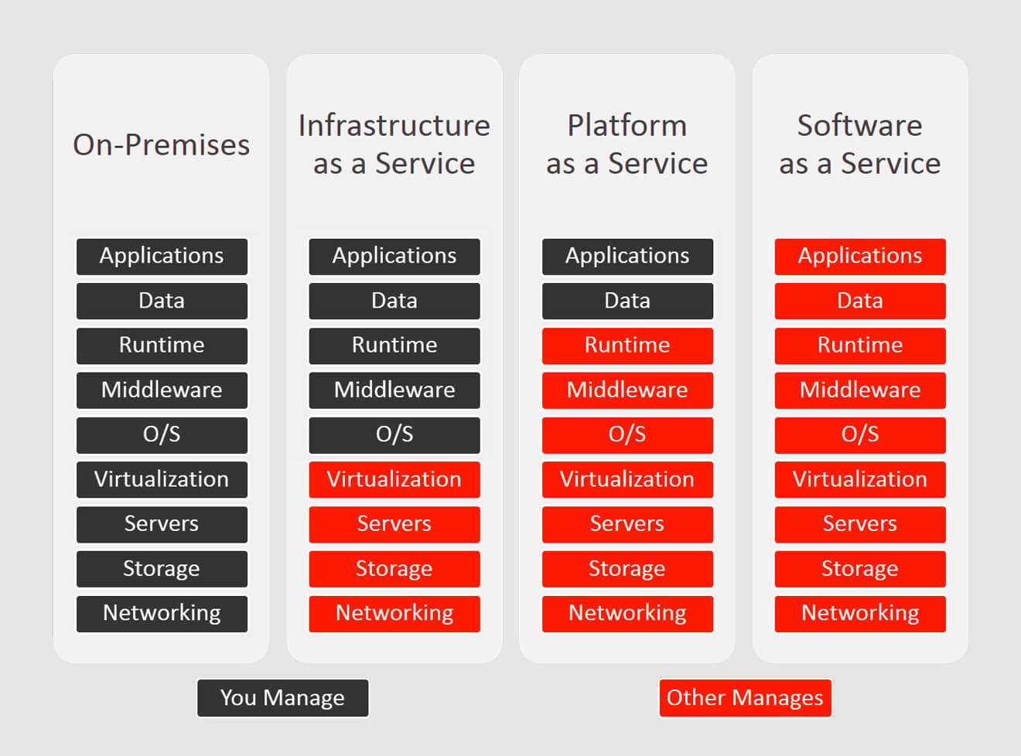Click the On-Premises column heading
click(x=161, y=145)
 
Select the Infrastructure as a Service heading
click(x=394, y=145)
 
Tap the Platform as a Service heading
click(x=627, y=145)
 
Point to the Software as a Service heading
click(x=860, y=145)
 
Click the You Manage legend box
click(x=282, y=697)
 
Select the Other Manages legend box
click(x=746, y=697)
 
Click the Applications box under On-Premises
click(x=162, y=257)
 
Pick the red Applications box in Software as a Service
click(x=860, y=257)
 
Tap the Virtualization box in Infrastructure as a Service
click(x=394, y=479)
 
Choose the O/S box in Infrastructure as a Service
click(x=394, y=435)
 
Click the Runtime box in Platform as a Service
click(x=627, y=346)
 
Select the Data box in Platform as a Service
click(x=627, y=301)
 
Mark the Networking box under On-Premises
click(x=162, y=614)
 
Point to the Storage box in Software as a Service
click(x=860, y=569)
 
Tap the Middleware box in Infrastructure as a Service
click(x=394, y=390)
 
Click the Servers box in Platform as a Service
click(x=627, y=525)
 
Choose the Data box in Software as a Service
click(x=860, y=301)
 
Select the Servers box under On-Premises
click(x=162, y=525)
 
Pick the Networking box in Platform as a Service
click(x=627, y=614)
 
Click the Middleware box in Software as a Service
click(x=860, y=390)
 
